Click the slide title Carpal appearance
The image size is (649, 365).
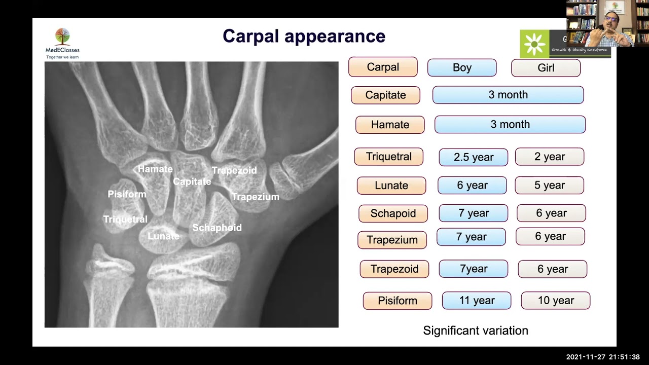tap(304, 36)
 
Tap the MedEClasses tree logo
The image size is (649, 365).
tap(62, 37)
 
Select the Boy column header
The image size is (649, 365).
tap(462, 67)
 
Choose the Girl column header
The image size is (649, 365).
tap(546, 68)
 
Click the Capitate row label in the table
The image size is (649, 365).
tap(385, 95)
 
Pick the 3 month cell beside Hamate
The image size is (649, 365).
tap(510, 124)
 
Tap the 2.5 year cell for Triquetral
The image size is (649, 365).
tap(473, 157)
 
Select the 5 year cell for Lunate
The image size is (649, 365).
tap(549, 186)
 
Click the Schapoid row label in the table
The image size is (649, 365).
tap(393, 213)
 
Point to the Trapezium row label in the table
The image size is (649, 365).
tap(392, 240)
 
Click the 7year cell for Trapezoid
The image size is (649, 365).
tap(473, 269)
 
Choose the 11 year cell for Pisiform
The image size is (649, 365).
tap(477, 301)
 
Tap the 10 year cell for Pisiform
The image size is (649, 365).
tap(556, 301)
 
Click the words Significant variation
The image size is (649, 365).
tap(476, 331)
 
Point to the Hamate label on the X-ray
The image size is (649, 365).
tap(155, 169)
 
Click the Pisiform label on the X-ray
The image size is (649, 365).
tap(127, 194)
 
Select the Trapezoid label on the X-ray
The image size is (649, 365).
tap(234, 171)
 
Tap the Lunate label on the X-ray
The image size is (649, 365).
tap(163, 236)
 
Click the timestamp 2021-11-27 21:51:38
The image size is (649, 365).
tap(603, 357)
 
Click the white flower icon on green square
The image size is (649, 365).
tap(534, 44)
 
